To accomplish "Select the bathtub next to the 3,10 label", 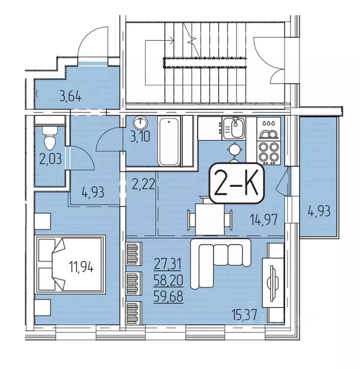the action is point(169,141).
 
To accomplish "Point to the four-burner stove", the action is point(269,153).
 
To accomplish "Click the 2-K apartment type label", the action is point(237,183).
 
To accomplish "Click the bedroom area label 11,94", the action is point(81,267).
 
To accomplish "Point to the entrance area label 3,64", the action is point(71,97).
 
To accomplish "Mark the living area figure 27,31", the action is point(167,264).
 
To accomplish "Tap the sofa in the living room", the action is point(220,262).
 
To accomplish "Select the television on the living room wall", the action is point(272,283).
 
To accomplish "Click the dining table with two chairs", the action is point(210,219).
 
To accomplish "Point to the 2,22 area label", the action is point(142,184).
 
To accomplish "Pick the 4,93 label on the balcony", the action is point(319,211).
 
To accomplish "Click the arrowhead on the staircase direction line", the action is point(172,40).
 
